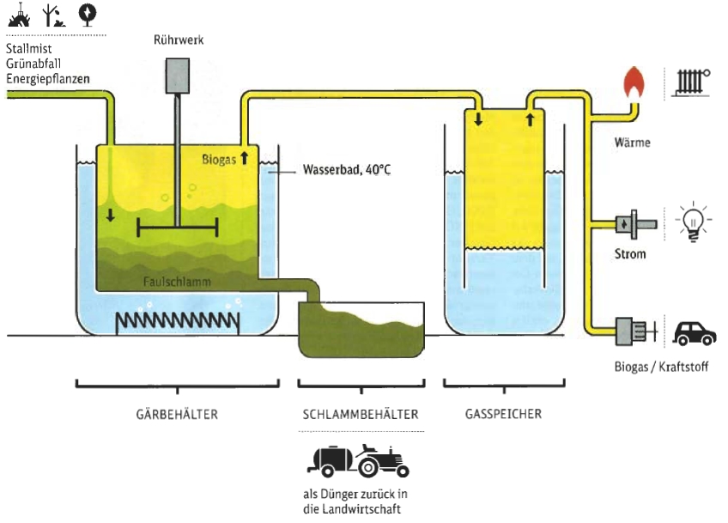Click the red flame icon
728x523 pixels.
click(x=634, y=82)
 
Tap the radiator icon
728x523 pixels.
click(x=693, y=82)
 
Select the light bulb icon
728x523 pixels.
click(x=693, y=222)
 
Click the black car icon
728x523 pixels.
click(x=695, y=333)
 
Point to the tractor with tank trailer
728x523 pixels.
click(x=358, y=461)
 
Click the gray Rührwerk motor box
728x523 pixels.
click(x=178, y=76)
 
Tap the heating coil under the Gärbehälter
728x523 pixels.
click(x=178, y=321)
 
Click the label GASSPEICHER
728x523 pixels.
click(x=503, y=414)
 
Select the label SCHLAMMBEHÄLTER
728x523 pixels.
click(x=361, y=414)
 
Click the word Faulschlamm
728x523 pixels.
click(x=177, y=282)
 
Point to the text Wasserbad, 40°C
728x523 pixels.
click(x=347, y=169)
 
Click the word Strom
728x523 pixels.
click(x=630, y=254)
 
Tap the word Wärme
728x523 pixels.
click(x=633, y=143)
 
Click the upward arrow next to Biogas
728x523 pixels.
click(x=244, y=157)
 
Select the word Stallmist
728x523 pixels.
click(x=29, y=48)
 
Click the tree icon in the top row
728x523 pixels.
click(x=88, y=15)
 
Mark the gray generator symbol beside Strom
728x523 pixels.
click(x=635, y=224)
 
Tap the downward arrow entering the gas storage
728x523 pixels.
click(x=478, y=119)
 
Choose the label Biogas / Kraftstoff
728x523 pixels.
click(x=661, y=367)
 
